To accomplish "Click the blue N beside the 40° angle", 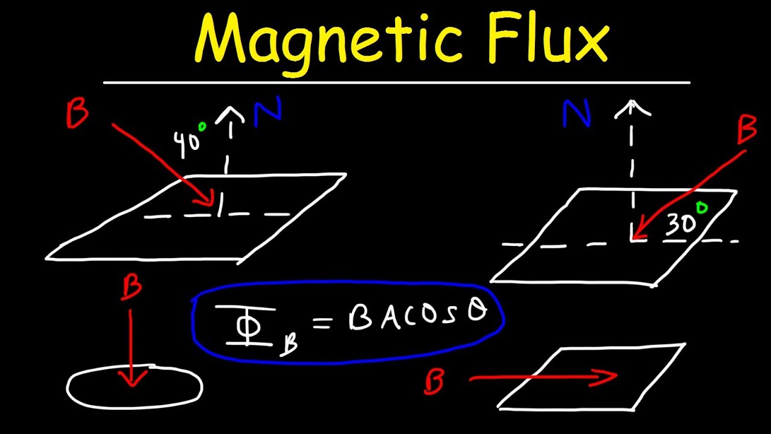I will (267, 113).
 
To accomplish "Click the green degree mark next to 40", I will (202, 127).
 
